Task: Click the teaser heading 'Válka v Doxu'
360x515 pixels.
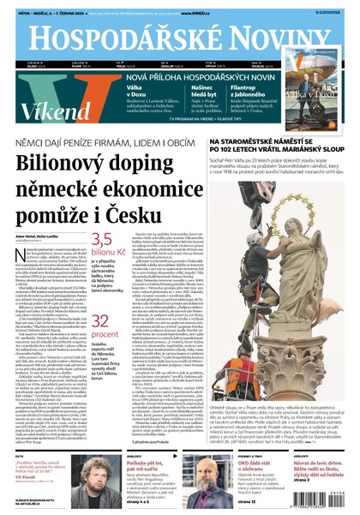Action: pos(117,89)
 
